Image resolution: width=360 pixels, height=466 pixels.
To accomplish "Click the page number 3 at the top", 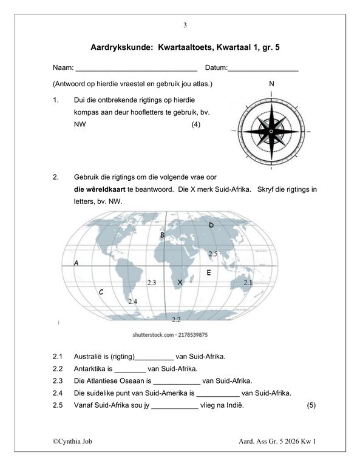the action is click(x=185, y=25).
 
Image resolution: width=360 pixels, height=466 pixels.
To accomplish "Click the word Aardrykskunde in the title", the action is click(x=121, y=47).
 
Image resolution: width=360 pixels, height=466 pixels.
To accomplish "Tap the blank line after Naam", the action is click(x=137, y=71).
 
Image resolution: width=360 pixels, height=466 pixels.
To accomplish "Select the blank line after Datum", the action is click(x=263, y=71).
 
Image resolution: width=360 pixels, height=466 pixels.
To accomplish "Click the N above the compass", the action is click(x=271, y=84).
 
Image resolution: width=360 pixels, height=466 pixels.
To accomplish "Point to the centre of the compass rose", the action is click(x=271, y=131).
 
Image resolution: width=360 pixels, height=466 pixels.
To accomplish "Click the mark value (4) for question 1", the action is click(x=195, y=124).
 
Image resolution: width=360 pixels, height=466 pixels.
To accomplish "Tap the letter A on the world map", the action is click(x=76, y=263).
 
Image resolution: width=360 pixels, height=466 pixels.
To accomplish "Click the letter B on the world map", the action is click(x=162, y=235).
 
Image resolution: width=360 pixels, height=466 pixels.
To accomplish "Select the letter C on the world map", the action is click(x=101, y=292).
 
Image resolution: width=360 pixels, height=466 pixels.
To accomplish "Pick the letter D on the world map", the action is click(x=211, y=225).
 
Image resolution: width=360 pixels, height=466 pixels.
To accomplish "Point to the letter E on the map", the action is click(x=209, y=272).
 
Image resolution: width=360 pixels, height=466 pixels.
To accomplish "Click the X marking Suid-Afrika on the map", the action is click(x=180, y=282).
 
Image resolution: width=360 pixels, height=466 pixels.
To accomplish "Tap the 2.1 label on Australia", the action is click(x=248, y=283).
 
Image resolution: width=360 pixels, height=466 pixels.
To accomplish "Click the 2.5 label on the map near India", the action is click(x=213, y=254).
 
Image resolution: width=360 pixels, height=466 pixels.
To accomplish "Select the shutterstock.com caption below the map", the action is click(x=170, y=335).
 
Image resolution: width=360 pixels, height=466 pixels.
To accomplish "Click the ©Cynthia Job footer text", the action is click(x=72, y=441).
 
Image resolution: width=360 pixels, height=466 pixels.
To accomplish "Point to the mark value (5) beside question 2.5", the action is click(x=311, y=405).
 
